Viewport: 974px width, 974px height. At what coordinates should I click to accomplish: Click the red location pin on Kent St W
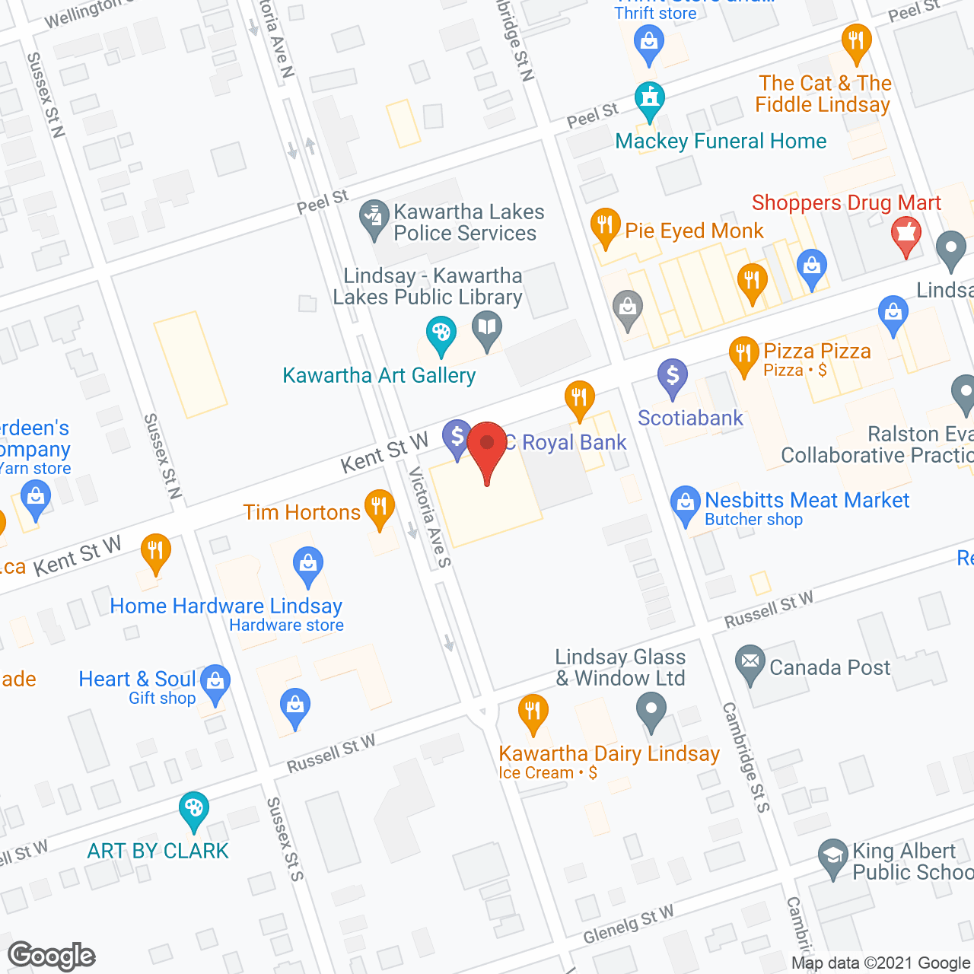click(x=487, y=446)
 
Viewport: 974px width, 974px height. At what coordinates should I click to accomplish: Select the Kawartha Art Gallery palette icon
click(x=441, y=334)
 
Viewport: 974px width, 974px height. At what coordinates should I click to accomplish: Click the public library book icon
click(x=487, y=330)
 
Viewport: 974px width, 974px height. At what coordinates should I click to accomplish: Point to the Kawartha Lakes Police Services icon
click(x=374, y=217)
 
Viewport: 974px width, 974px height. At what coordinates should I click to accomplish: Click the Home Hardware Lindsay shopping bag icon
click(x=308, y=565)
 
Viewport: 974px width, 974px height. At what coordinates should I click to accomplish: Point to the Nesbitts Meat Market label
click(x=807, y=500)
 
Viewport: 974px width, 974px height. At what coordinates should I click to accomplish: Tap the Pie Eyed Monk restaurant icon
click(x=605, y=226)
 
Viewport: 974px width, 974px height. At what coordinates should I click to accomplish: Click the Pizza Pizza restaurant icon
click(x=743, y=355)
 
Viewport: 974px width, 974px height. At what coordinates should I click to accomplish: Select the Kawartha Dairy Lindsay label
click(x=609, y=753)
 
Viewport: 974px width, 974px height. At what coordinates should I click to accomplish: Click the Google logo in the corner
click(x=52, y=956)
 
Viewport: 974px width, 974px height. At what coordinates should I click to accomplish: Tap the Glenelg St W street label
click(x=629, y=924)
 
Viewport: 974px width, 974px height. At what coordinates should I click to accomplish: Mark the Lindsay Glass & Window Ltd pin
click(x=651, y=713)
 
